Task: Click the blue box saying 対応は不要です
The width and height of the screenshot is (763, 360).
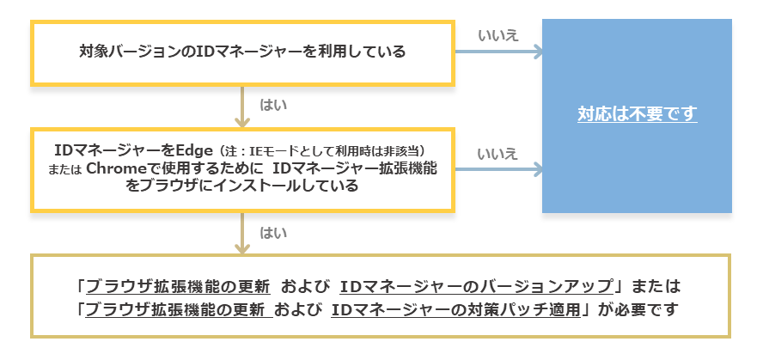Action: point(637,114)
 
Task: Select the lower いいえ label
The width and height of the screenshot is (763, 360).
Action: point(497,153)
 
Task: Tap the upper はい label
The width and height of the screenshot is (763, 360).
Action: point(273,105)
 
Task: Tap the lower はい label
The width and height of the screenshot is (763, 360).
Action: point(273,232)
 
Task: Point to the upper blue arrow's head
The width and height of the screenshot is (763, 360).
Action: point(537,52)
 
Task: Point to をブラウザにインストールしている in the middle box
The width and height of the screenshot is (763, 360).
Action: point(241,185)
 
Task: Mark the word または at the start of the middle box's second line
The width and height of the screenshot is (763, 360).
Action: point(65,169)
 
